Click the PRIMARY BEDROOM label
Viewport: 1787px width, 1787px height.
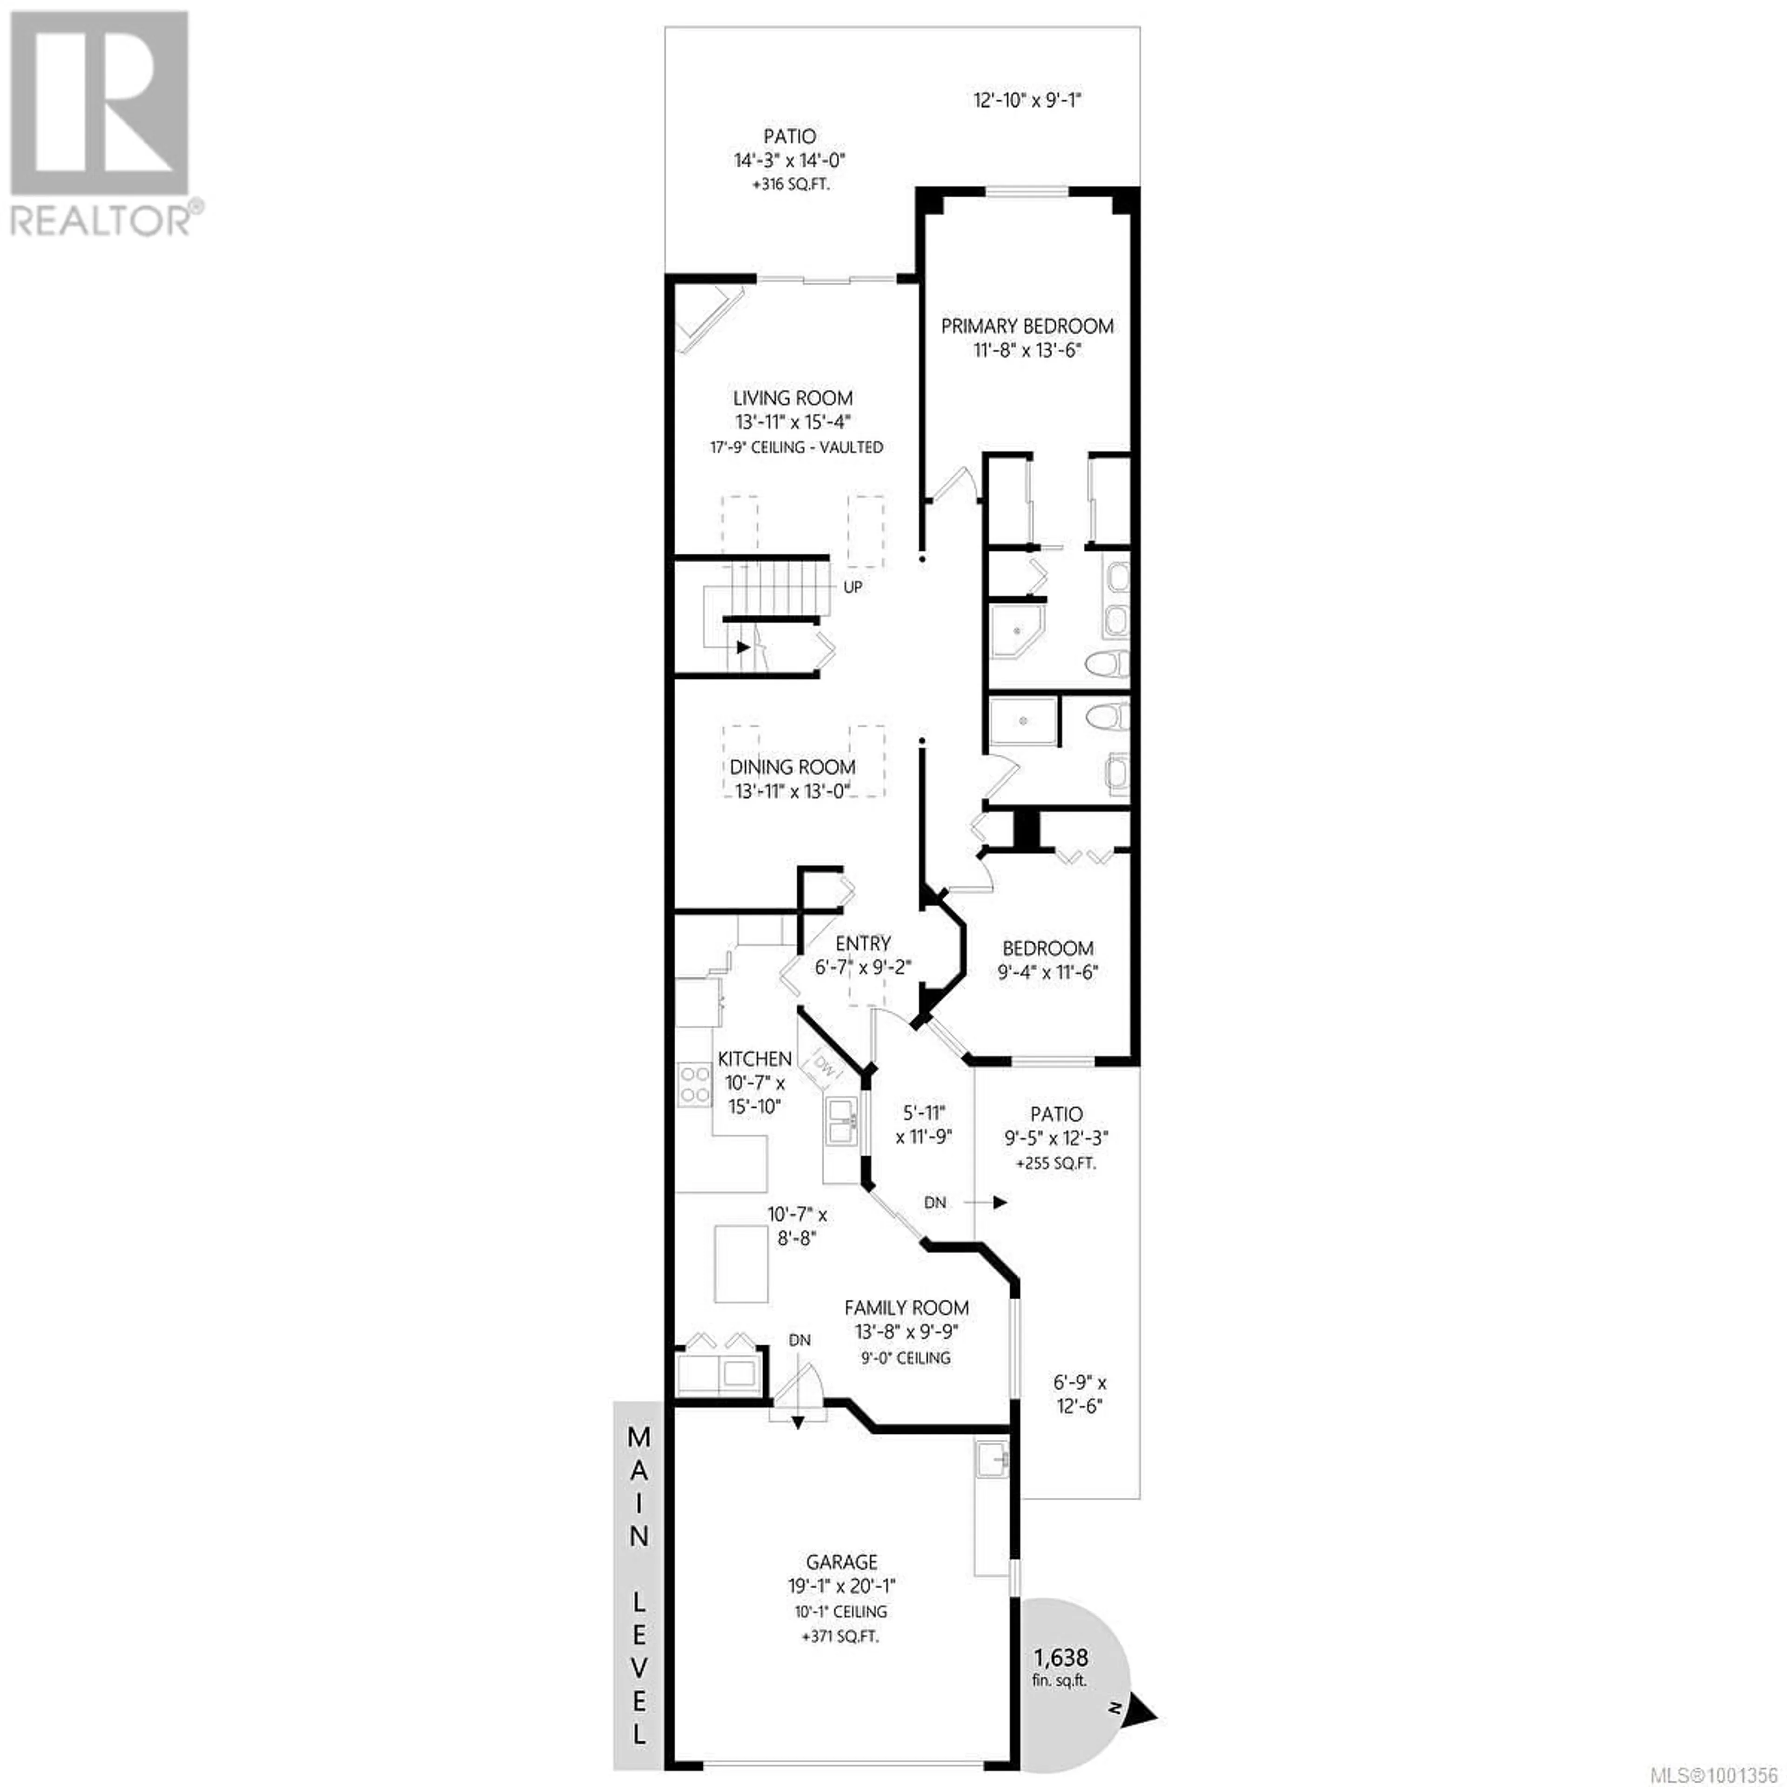point(1027,326)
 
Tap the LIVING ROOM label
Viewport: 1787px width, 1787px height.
point(793,398)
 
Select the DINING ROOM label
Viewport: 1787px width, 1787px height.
point(793,767)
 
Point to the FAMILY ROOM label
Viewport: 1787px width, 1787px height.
point(907,1308)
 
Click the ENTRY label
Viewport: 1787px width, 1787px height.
point(863,943)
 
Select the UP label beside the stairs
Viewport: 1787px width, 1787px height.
point(853,586)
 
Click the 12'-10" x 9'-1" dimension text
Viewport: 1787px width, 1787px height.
point(1028,100)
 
